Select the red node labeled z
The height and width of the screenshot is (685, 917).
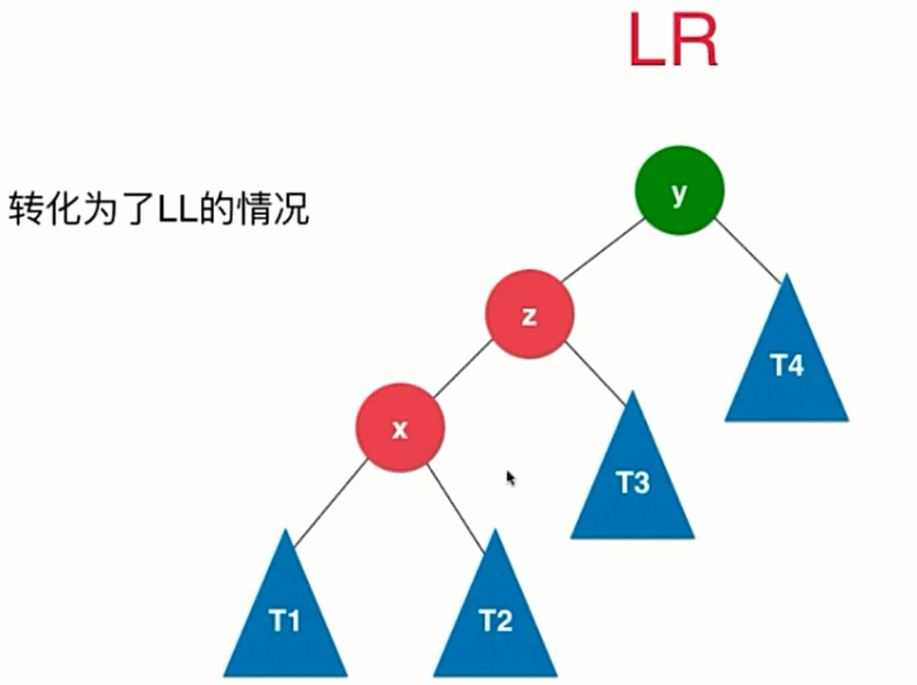click(x=530, y=314)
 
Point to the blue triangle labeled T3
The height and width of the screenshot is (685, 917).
click(x=633, y=483)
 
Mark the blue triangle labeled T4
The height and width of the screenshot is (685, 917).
click(x=786, y=365)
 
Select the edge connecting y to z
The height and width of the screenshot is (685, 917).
click(x=602, y=250)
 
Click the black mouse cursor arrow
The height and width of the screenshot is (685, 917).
click(x=511, y=478)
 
